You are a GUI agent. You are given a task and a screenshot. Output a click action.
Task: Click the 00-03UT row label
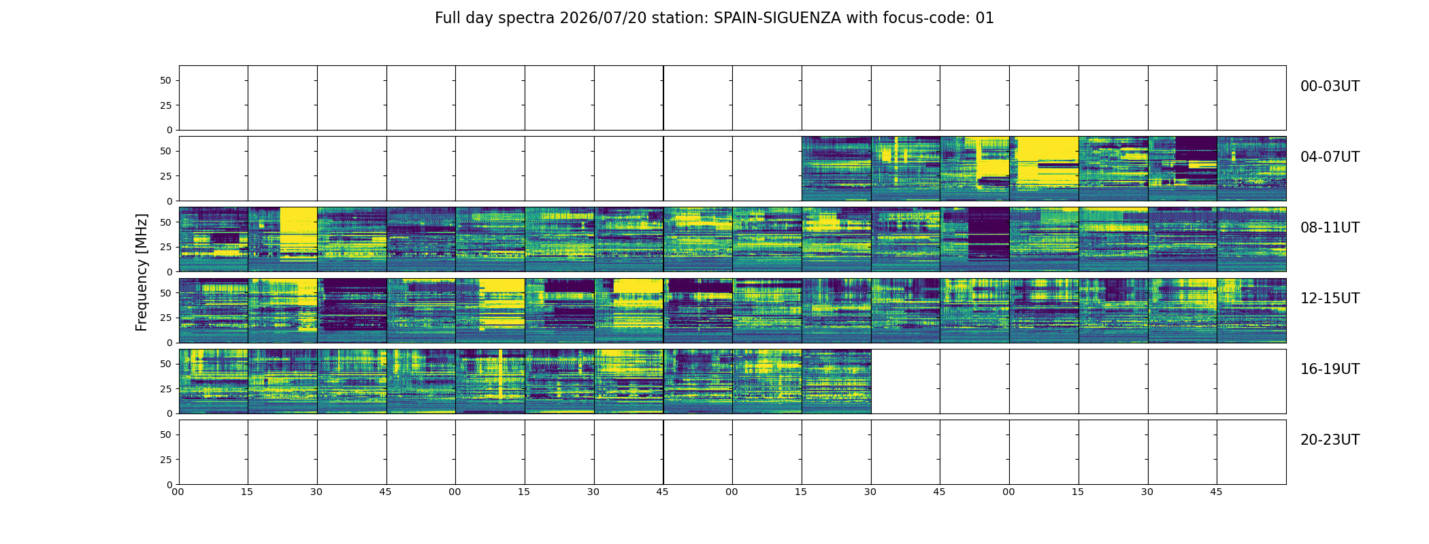point(1330,86)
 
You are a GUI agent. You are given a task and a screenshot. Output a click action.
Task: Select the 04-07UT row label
point(1330,157)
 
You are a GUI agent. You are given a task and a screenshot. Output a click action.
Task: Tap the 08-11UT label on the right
point(1330,228)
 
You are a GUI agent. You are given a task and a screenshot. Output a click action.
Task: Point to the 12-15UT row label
point(1330,299)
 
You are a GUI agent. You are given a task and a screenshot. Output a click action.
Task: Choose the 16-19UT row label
point(1330,369)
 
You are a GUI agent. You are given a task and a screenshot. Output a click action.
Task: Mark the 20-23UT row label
point(1330,440)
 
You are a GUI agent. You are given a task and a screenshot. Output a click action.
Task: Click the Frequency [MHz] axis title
point(142,272)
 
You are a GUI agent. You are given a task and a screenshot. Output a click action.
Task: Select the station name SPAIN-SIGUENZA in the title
point(777,18)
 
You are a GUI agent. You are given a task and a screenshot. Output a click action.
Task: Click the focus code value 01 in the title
point(985,18)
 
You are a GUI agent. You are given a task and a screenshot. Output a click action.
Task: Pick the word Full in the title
point(448,18)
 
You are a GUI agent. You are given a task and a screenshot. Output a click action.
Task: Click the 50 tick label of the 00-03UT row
point(166,80)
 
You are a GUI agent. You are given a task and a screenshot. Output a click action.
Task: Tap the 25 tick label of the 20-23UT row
point(166,460)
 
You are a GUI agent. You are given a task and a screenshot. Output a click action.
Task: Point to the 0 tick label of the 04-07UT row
point(169,201)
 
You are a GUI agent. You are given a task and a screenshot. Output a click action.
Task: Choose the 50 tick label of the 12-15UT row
point(166,293)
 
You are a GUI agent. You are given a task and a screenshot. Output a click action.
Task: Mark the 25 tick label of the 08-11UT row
point(166,247)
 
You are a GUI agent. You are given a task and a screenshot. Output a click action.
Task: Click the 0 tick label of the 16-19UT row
point(169,413)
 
